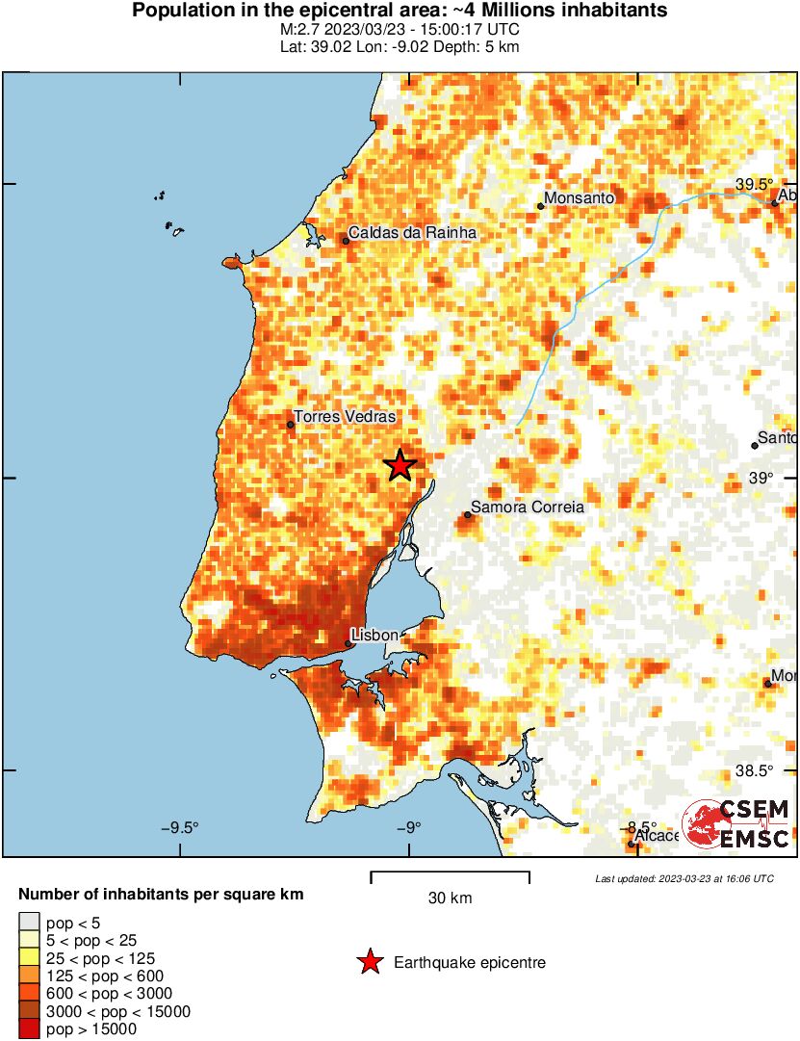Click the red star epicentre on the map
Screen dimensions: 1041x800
click(400, 465)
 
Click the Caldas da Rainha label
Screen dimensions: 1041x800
click(412, 232)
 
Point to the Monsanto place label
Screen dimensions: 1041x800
click(579, 198)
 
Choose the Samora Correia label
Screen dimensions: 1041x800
click(527, 507)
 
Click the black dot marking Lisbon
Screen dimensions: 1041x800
click(348, 643)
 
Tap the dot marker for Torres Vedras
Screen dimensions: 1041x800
click(290, 425)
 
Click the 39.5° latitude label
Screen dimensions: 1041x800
click(755, 184)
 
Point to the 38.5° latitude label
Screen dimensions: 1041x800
click(755, 770)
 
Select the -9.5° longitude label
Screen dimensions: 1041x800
click(179, 827)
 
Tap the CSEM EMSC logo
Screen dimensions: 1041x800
click(736, 824)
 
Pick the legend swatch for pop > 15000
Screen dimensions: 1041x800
click(30, 1029)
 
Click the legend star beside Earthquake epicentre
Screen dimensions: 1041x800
click(369, 962)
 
